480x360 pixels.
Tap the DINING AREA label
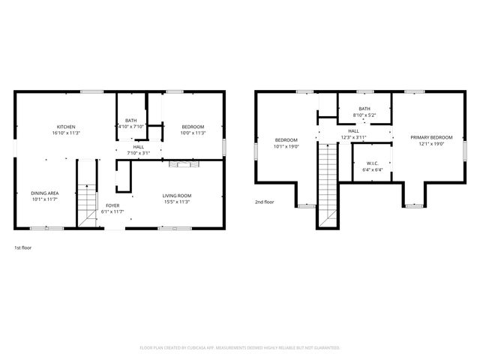[x=45, y=196]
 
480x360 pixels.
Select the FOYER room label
[x=112, y=208]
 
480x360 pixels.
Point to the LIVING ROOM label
[x=177, y=199]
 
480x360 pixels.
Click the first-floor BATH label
[x=131, y=123]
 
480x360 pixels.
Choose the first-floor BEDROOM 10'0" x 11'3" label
[x=193, y=130]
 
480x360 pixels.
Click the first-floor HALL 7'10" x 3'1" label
[x=139, y=149]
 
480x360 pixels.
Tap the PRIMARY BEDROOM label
[x=431, y=140]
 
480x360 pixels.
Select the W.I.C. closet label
[x=373, y=166]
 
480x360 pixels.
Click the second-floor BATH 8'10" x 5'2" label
[x=364, y=112]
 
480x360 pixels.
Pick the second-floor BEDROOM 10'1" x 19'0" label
[x=286, y=143]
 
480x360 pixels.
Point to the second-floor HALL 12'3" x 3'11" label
[x=353, y=134]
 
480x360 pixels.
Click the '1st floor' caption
[x=23, y=247]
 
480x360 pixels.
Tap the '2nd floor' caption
[x=264, y=202]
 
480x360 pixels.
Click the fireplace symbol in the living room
[x=178, y=163]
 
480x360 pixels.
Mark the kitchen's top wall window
[x=91, y=91]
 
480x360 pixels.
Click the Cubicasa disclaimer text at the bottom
[x=240, y=348]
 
